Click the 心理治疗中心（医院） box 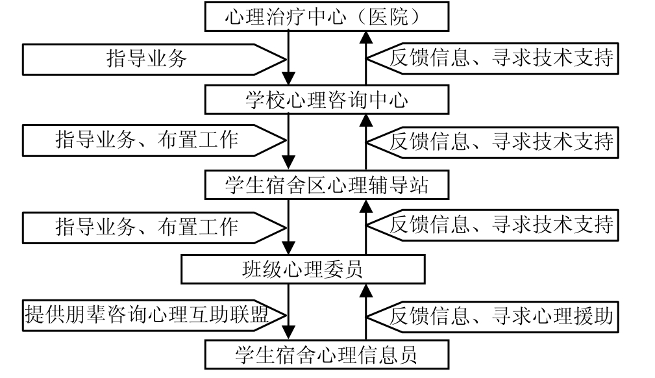pyautogui.click(x=327, y=16)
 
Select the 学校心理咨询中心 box pyautogui.click(x=327, y=100)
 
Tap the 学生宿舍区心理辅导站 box pyautogui.click(x=327, y=186)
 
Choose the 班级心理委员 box pyautogui.click(x=303, y=269)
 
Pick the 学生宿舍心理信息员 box pyautogui.click(x=327, y=354)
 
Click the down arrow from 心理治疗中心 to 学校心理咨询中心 pyautogui.click(x=290, y=58)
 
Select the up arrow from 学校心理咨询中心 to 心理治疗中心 pyautogui.click(x=365, y=58)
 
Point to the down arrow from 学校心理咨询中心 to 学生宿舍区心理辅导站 pyautogui.click(x=290, y=143)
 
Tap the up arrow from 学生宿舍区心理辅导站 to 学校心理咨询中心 pyautogui.click(x=365, y=143)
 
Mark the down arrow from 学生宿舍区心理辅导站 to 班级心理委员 pyautogui.click(x=290, y=227)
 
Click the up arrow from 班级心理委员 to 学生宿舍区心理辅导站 pyautogui.click(x=365, y=227)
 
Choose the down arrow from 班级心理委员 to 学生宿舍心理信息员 pyautogui.click(x=290, y=312)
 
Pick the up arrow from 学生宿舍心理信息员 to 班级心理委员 pyautogui.click(x=365, y=312)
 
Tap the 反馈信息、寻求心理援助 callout pyautogui.click(x=497, y=316)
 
